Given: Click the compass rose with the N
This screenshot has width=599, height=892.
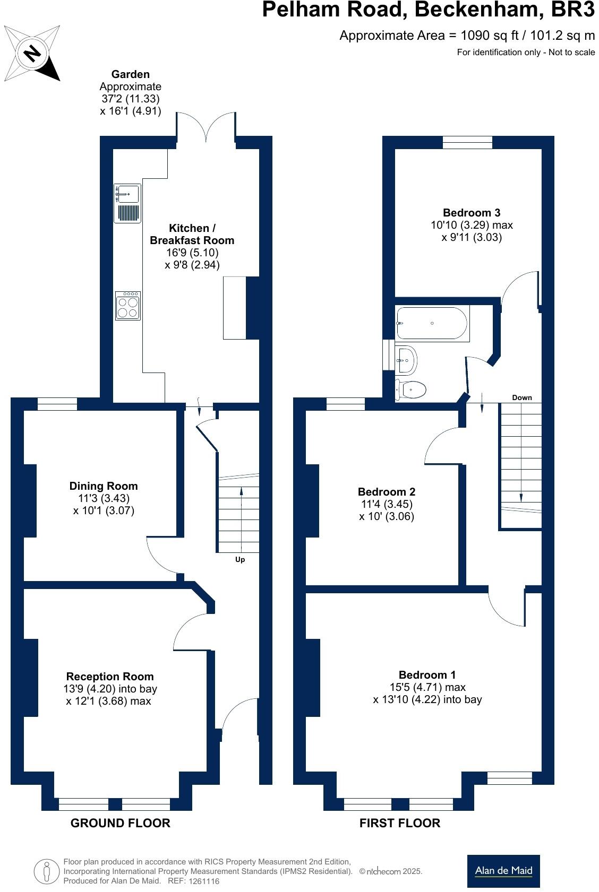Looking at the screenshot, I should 32,53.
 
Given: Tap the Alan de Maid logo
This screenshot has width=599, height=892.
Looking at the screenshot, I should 503,870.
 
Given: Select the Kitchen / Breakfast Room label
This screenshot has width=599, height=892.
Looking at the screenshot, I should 192,234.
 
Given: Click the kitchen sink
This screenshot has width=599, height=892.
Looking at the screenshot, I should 127,194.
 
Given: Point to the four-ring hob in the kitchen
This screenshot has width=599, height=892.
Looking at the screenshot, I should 128,305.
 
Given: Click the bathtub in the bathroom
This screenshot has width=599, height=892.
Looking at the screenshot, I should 432,323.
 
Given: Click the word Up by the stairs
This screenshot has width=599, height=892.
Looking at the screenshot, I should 240,559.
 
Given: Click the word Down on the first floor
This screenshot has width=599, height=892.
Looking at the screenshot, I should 521,397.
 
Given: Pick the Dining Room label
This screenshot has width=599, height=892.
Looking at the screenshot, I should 104,486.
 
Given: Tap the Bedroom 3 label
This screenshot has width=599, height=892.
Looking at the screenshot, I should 472,213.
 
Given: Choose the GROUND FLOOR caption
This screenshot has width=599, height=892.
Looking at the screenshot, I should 121,823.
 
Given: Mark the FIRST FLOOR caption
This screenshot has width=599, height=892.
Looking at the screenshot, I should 400,823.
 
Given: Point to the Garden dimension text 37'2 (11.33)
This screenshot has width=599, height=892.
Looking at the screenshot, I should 131,99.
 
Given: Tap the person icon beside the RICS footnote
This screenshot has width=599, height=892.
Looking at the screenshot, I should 47,871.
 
